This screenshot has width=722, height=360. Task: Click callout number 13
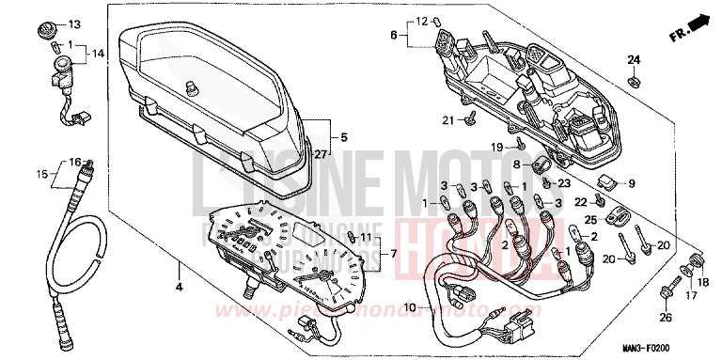click(75, 23)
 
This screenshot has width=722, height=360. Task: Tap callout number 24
click(634, 60)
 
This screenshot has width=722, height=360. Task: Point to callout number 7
click(394, 254)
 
